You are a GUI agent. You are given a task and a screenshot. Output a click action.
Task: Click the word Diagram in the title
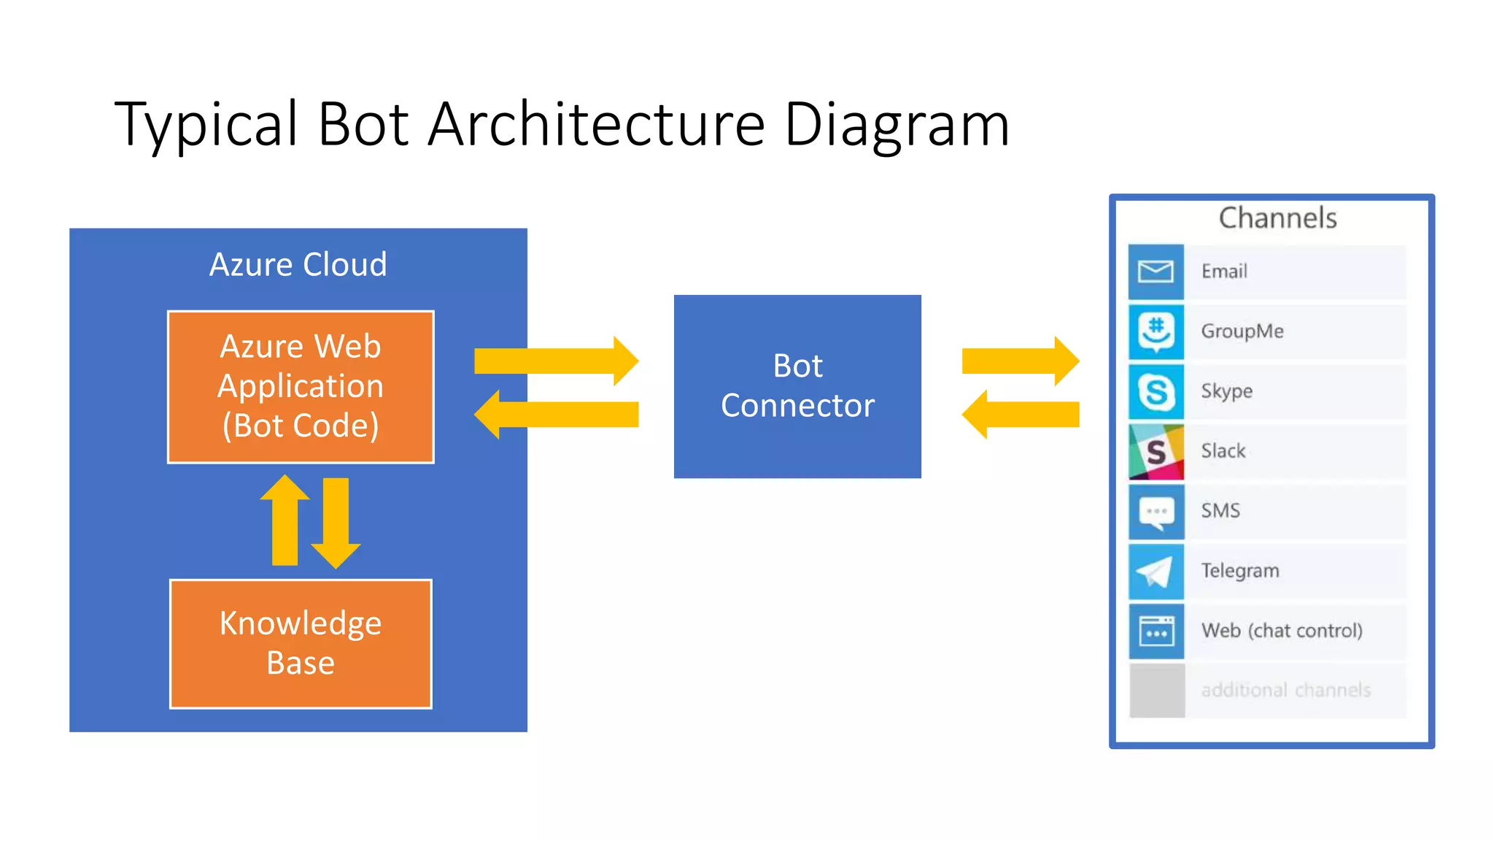coord(896,124)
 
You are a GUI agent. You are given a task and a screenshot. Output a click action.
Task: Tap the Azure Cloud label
coord(298,264)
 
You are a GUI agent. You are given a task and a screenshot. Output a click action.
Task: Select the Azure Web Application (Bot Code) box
coord(301,386)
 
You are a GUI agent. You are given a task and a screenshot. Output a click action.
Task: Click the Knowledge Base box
coord(301,643)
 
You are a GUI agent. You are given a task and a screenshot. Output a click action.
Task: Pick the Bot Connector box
coord(797,386)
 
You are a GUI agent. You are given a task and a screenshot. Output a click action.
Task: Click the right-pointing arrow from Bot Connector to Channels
coord(1020,361)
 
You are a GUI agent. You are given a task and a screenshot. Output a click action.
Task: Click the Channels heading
coord(1277,218)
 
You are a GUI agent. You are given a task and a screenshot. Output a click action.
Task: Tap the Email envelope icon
coord(1156,272)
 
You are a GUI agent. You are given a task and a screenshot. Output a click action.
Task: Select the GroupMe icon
coord(1156,331)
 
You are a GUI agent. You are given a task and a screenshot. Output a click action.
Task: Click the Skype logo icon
coord(1156,392)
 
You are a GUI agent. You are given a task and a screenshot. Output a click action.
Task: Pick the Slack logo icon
coord(1156,452)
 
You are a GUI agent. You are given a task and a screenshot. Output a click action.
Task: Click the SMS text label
coord(1220,510)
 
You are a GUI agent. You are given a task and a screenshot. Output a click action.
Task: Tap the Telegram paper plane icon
coord(1156,572)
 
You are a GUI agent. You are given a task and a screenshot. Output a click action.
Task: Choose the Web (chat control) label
coord(1282,630)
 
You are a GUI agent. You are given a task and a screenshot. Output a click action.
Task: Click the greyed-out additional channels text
coord(1285,690)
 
